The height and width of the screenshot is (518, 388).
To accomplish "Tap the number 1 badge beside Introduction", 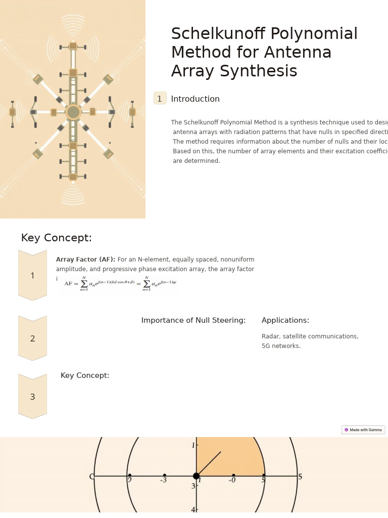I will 160,99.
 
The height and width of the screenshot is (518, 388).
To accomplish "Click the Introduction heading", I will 195,99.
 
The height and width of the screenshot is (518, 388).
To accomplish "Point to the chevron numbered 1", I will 32,276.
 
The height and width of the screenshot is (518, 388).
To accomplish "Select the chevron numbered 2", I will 32,338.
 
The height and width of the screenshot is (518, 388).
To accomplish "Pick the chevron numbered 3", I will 32,397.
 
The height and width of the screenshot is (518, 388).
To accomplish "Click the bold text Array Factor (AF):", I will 85,260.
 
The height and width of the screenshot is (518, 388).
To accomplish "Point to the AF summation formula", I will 120,284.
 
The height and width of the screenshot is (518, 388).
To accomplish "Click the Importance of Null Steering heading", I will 193,321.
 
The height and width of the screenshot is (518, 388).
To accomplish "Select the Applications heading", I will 285,321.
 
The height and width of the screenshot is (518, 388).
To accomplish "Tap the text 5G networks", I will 281,346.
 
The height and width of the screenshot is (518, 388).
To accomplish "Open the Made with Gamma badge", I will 363,430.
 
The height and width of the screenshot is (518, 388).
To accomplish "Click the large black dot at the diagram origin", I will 196,476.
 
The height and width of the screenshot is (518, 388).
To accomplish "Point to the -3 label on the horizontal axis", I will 163,480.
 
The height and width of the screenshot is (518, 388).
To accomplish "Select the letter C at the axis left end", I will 91,477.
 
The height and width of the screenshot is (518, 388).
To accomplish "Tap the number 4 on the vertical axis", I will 193,509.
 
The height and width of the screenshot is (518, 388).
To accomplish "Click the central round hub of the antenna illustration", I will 73,112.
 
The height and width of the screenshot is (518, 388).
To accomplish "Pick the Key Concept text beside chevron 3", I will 85,376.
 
